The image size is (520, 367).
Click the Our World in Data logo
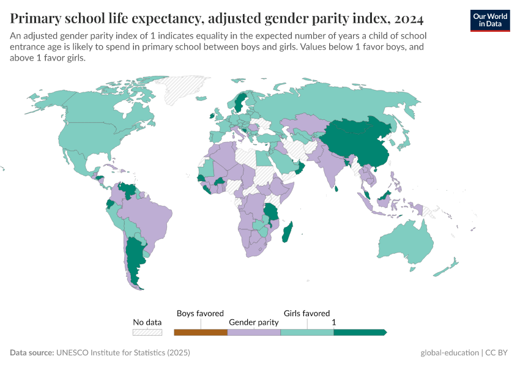tap(489, 20)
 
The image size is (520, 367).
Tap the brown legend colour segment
tap(201, 332)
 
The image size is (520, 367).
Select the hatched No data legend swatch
tap(147, 332)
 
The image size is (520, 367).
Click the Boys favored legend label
tap(200, 313)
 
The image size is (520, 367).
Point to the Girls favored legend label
tap(306, 313)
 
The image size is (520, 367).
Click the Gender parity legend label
tap(254, 322)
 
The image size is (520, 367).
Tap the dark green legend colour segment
tap(360, 332)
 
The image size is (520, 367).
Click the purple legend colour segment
tap(254, 332)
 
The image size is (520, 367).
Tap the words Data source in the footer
tap(31, 353)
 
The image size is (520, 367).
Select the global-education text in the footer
tap(449, 353)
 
